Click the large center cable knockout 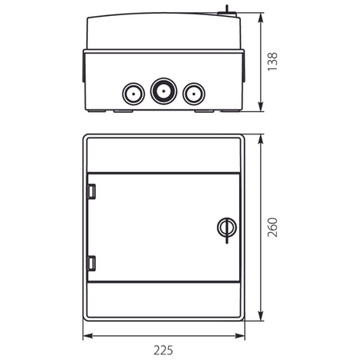click(x=162, y=92)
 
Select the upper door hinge click(x=90, y=191)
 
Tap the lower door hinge click(x=90, y=262)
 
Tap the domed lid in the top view click(x=164, y=30)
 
